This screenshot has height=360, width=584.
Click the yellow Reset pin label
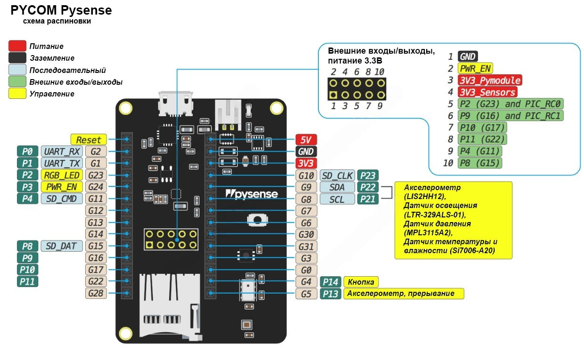(x=89, y=140)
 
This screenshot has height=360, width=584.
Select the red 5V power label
(x=306, y=140)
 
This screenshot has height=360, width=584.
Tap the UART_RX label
(x=62, y=152)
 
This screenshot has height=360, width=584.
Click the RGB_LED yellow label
(x=62, y=175)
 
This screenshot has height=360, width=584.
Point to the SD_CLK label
(x=337, y=176)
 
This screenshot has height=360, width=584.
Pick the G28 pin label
(x=95, y=293)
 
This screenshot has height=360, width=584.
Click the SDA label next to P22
(x=337, y=187)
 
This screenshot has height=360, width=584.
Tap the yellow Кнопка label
(x=361, y=282)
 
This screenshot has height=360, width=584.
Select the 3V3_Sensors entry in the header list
(x=487, y=92)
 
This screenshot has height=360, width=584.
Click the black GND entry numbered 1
(x=467, y=57)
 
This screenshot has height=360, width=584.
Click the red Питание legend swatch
(x=17, y=46)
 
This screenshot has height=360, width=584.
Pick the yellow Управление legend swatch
(x=17, y=93)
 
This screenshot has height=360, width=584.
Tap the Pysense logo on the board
(x=251, y=193)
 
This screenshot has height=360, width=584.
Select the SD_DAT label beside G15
(x=62, y=246)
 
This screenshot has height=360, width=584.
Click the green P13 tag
(x=331, y=294)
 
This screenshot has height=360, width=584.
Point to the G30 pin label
(x=306, y=234)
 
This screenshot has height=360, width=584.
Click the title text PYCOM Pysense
(x=61, y=10)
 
